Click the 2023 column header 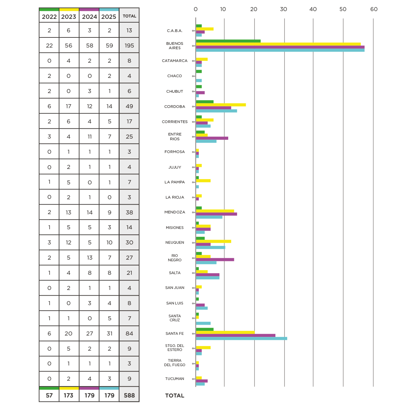[68, 17]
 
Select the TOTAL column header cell [129, 16]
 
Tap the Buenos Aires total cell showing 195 [129, 46]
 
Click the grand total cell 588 [129, 396]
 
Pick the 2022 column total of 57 [49, 396]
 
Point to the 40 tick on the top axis [313, 9]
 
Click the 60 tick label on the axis [374, 9]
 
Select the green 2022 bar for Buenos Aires [228, 41]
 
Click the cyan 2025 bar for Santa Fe [241, 339]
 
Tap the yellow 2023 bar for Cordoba [221, 105]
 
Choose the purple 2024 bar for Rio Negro [215, 260]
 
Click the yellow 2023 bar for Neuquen [213, 241]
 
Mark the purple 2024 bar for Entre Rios [212, 138]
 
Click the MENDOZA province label [175, 212]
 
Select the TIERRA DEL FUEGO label [175, 363]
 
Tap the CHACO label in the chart [175, 76]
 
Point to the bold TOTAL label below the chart [175, 396]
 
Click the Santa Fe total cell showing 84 [129, 333]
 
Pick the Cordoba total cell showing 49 [129, 106]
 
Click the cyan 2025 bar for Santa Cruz [203, 323]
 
